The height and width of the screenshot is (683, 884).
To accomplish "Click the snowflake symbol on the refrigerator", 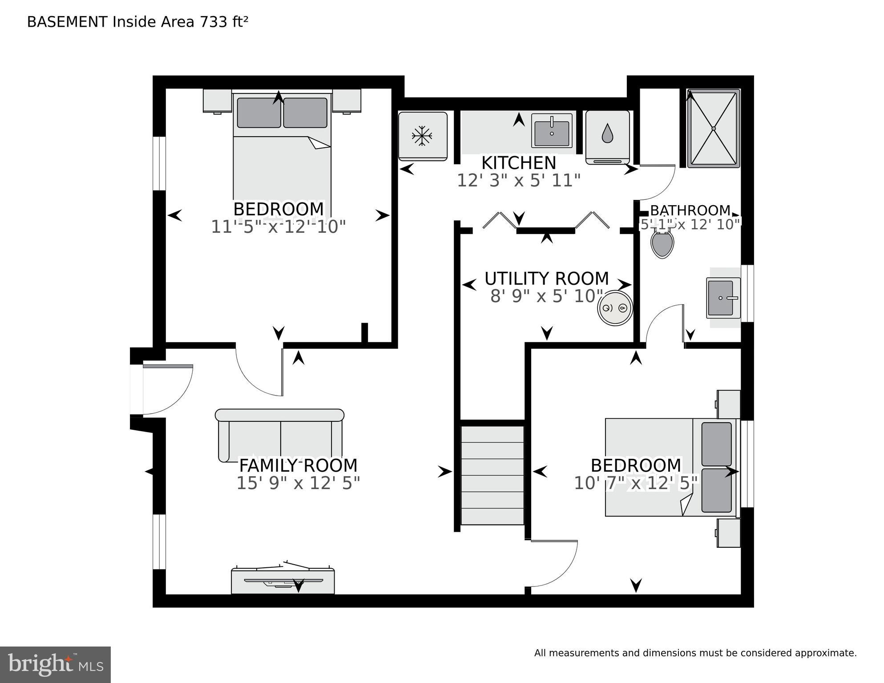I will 422,136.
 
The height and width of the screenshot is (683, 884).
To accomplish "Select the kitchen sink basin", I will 552,133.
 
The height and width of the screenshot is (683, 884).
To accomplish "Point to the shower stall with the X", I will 713,129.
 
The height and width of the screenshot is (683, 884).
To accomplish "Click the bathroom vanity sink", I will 721,298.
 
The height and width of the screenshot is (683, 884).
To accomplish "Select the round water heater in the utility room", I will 615,308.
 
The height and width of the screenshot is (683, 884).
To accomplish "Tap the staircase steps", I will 492,475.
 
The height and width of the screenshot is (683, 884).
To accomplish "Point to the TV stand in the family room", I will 283,580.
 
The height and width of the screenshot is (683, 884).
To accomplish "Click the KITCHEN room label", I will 519,163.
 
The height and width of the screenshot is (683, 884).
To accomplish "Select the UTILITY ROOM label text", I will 546,279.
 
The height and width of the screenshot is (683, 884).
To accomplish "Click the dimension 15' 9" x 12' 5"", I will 298,483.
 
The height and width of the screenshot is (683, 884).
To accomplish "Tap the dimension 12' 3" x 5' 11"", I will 519,181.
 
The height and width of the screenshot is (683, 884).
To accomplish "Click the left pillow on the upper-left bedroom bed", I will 258,113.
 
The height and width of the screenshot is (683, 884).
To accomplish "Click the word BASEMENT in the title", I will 67,22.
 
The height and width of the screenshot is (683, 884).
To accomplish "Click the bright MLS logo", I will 55,664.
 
